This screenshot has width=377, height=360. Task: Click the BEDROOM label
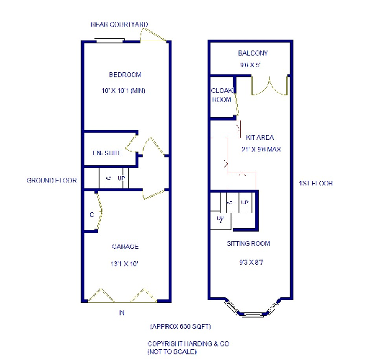click(125, 75)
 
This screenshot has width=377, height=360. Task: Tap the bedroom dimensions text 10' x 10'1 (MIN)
click(125, 90)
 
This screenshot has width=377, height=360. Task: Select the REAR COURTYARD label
click(119, 25)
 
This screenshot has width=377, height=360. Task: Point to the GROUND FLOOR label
click(51, 180)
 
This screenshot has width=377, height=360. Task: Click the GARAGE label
click(125, 247)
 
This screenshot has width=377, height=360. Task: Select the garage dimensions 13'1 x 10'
click(125, 263)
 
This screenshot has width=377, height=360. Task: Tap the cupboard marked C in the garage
click(92, 214)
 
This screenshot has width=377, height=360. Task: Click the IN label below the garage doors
click(123, 312)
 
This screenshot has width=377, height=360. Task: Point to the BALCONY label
click(252, 53)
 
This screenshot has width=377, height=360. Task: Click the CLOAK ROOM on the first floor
click(221, 95)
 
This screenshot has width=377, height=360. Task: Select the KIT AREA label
click(260, 136)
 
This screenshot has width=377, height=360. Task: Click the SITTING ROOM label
click(248, 244)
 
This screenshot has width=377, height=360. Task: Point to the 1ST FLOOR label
click(315, 183)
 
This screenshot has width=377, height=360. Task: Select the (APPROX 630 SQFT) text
click(180, 327)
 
